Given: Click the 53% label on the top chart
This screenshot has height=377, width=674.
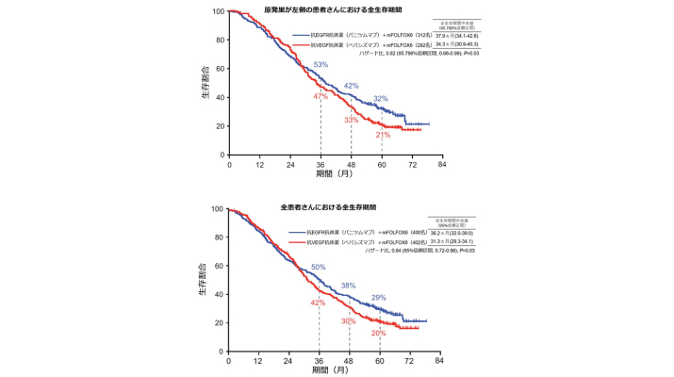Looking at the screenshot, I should point(321,65).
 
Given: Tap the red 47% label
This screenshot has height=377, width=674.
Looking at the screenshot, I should point(321,97).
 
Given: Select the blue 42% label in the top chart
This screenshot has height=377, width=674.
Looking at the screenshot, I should point(351,86).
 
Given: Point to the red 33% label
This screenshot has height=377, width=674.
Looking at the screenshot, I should point(351,120).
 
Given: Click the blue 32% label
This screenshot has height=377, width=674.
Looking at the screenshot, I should point(381,99).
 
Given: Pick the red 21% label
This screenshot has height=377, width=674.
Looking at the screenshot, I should point(383,136).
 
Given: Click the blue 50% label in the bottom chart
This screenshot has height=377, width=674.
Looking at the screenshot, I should point(319,268).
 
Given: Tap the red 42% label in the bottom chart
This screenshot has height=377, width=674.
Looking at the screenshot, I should point(319,303).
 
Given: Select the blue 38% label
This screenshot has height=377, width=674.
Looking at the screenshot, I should point(349,286).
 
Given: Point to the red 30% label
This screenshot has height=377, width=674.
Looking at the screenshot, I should point(349,321).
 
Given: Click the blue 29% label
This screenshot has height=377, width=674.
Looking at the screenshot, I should point(379,298).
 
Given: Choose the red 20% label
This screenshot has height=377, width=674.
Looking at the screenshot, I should point(379,333).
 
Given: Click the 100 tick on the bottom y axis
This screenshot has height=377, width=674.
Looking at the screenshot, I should point(218,209).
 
